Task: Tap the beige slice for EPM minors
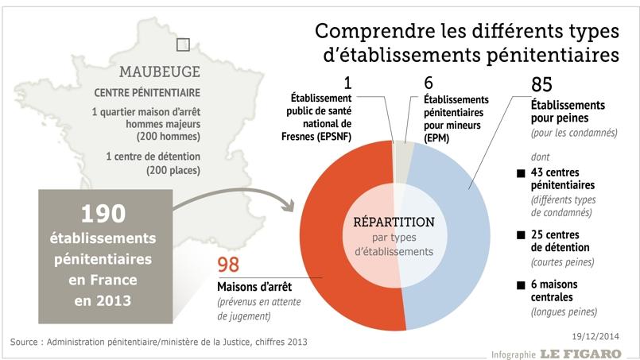405,150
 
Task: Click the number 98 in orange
228,266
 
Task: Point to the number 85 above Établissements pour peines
541,85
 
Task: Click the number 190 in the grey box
104,213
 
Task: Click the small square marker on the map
184,45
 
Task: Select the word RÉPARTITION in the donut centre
394,222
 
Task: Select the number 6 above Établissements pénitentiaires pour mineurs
429,83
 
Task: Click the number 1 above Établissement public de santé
347,83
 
